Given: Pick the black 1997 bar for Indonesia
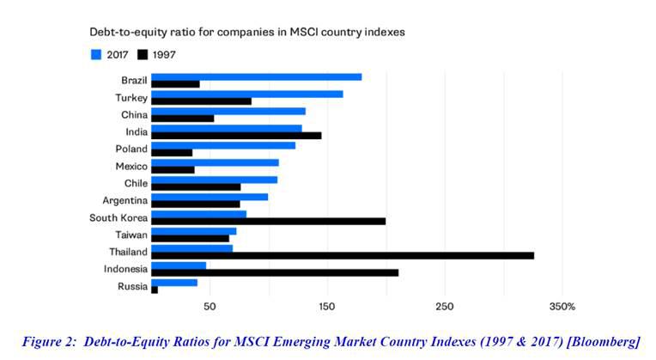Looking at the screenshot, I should (274, 272).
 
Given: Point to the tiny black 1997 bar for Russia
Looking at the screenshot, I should (155, 290).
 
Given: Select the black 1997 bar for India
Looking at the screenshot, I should (235, 135).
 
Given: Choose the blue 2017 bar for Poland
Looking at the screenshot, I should (222, 145).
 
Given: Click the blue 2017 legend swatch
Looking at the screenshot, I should (95, 54).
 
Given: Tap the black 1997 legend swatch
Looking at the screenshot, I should (143, 54).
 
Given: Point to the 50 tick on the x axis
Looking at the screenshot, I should (209, 307).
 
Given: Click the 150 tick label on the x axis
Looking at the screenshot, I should (327, 307).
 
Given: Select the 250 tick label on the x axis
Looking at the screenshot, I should (445, 307).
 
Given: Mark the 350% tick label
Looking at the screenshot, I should (562, 307).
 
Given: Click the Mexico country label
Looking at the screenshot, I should (131, 166).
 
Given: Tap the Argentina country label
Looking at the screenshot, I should (125, 200).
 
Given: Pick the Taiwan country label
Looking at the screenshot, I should (131, 235).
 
